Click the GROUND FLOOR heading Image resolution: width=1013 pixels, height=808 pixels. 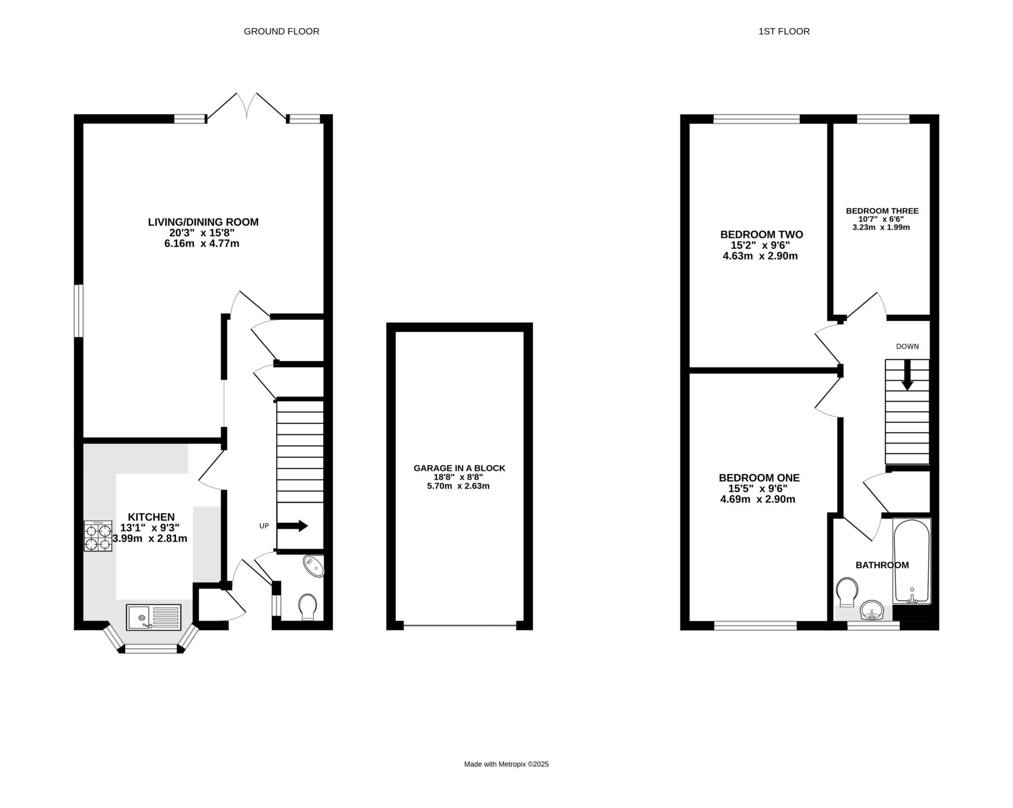(x=281, y=32)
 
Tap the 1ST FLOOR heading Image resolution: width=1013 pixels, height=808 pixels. (x=784, y=32)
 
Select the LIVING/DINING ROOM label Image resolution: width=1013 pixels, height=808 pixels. (x=203, y=222)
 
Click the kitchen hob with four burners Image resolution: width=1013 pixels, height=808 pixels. (x=98, y=536)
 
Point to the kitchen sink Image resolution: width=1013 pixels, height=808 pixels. (x=153, y=617)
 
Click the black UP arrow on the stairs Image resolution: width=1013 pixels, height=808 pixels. (x=292, y=526)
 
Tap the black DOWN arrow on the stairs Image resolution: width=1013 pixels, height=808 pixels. (x=907, y=375)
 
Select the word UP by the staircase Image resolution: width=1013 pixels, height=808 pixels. (x=264, y=526)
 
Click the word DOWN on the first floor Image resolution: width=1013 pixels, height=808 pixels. (x=907, y=347)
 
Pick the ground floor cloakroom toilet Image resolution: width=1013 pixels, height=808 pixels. (x=308, y=607)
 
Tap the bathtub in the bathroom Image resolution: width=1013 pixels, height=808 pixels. (x=912, y=561)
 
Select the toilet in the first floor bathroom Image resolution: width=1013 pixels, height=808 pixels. (x=847, y=592)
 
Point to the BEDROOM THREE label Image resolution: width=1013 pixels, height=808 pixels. (x=882, y=211)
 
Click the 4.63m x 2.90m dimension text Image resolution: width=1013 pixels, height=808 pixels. (x=760, y=256)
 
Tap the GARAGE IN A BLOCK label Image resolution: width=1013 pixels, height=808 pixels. (x=460, y=468)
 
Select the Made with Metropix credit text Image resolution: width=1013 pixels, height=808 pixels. (x=506, y=764)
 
